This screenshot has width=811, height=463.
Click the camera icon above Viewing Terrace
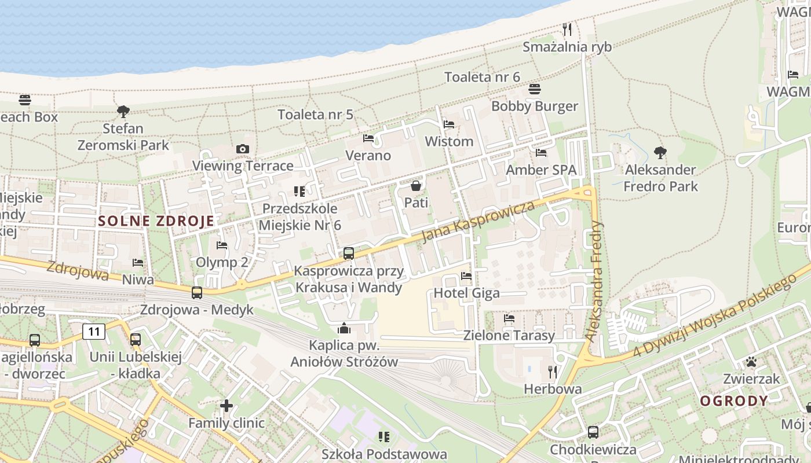tap(243, 149)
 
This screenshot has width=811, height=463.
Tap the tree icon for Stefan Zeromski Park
tap(123, 111)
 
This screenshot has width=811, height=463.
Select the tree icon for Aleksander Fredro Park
tap(660, 153)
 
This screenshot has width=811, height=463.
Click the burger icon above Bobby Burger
tap(534, 89)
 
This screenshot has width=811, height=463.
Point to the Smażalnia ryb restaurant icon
tap(567, 30)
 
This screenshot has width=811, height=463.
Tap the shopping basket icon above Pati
tap(416, 186)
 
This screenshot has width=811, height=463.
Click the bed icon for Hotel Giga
tap(466, 276)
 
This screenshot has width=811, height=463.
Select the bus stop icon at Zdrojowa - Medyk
tap(197, 293)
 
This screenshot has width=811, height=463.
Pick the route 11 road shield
tap(94, 332)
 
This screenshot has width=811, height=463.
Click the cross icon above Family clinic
tap(227, 406)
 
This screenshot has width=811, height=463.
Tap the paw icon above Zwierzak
tap(751, 362)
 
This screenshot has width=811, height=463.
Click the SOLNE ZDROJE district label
tap(156, 221)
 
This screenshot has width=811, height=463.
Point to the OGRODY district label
tap(734, 401)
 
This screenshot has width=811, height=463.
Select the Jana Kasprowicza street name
tap(478, 222)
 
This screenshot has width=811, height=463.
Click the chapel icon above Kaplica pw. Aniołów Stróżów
tap(344, 329)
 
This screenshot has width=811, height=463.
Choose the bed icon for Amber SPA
tap(541, 153)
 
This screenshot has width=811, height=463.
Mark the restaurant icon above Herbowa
tap(553, 372)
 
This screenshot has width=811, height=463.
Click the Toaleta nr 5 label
tap(315, 114)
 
